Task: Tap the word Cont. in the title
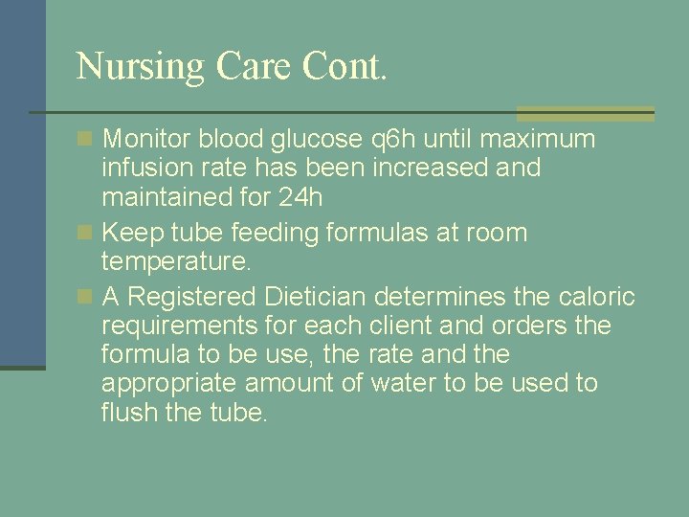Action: (x=344, y=65)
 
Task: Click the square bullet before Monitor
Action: (x=86, y=140)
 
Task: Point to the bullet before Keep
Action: (x=86, y=233)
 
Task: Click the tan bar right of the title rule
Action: (x=586, y=113)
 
